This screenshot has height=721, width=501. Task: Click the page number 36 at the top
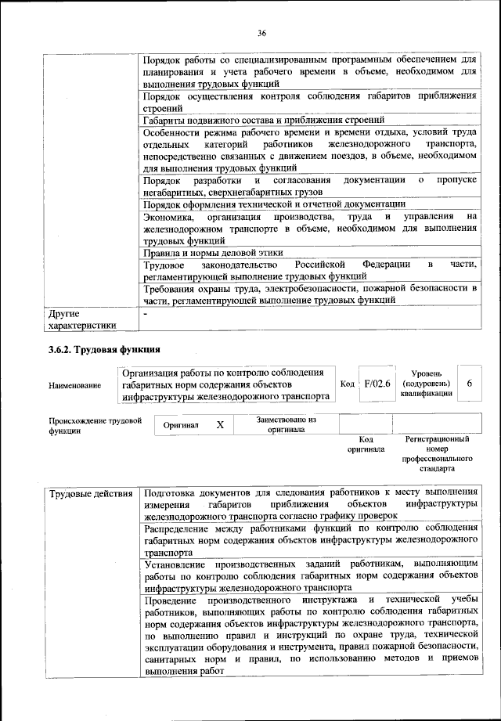[261, 33]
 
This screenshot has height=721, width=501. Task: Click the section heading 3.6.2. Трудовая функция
[105, 350]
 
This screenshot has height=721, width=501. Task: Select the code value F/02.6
[377, 384]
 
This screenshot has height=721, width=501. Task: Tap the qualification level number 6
[469, 384]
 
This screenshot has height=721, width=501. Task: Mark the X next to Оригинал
[220, 424]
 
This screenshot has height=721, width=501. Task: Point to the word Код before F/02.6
[348, 384]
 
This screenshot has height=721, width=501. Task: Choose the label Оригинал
[181, 425]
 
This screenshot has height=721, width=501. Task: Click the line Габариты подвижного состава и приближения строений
[263, 121]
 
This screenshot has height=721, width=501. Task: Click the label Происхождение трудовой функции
[94, 425]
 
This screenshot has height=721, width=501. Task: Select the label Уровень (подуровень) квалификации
[425, 384]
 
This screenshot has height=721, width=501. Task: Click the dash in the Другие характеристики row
[146, 313]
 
